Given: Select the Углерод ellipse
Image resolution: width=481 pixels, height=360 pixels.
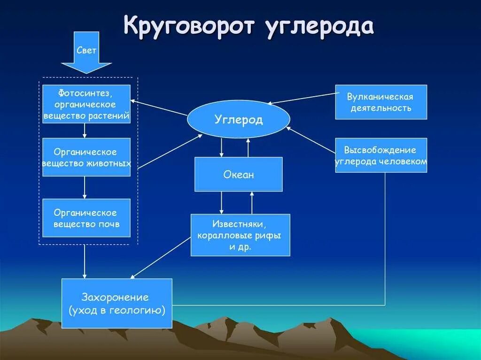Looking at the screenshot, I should tap(238, 119).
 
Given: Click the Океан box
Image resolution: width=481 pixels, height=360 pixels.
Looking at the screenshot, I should tap(238, 175).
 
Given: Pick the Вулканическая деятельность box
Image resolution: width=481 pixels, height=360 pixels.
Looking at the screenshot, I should tap(380, 102).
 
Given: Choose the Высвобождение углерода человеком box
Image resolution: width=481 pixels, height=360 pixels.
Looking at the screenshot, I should tap(380, 155).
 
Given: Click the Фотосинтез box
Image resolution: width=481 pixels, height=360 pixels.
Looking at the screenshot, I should tap(86, 104).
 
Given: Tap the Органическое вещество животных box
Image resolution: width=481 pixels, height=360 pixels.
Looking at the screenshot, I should tap(86, 157).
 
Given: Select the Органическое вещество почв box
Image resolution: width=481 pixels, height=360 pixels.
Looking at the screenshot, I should tap(86, 218).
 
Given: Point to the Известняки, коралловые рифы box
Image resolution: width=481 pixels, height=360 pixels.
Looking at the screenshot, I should tap(240, 235).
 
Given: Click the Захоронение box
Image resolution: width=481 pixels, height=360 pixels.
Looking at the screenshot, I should tap(116, 303).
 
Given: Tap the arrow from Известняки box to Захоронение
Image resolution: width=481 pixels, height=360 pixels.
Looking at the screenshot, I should tap(160, 258).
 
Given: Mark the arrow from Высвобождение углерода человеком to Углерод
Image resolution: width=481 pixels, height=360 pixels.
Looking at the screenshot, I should tap(312, 140).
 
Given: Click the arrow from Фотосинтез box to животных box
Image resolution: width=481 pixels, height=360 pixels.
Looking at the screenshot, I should tap(85, 130).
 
